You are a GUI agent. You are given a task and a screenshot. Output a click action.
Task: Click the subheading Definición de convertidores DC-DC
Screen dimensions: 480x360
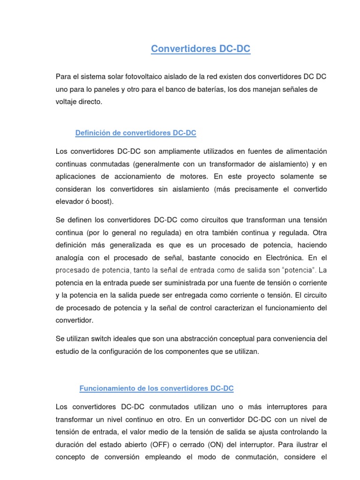[135, 133]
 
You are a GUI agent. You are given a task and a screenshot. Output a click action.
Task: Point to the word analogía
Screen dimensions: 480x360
[70, 258]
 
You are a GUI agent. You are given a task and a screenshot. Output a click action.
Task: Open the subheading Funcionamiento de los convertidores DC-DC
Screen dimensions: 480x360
[157, 389]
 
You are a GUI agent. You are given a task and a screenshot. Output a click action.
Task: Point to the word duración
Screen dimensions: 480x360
[70, 444]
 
